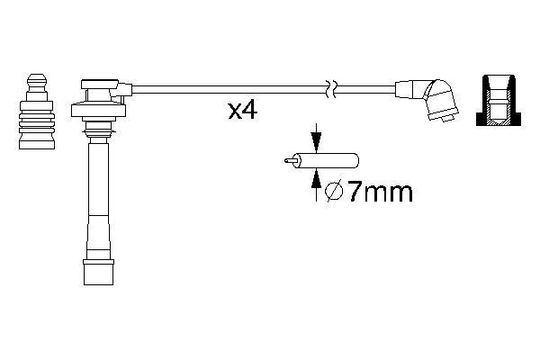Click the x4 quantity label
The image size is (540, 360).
[244, 112]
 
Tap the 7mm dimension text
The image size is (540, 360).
[377, 191]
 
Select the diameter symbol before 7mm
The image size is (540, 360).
[331, 192]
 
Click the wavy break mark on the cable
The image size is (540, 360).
[331, 88]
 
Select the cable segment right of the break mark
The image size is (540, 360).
[364, 88]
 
